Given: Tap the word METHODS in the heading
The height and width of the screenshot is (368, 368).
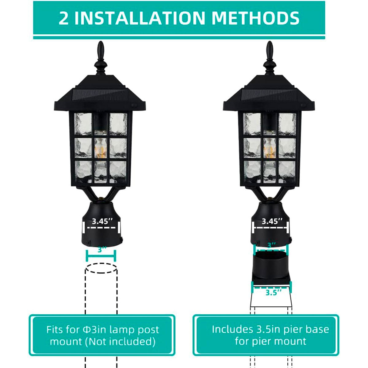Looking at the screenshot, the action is pyautogui.click(x=255, y=18).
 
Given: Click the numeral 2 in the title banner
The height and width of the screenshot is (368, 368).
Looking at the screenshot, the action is pyautogui.click(x=63, y=18).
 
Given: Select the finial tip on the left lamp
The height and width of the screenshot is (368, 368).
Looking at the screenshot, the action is pyautogui.click(x=101, y=41).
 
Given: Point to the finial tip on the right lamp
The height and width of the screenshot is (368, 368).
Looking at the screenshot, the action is pyautogui.click(x=270, y=41).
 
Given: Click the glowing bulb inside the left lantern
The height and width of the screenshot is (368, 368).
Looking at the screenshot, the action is pyautogui.click(x=101, y=148).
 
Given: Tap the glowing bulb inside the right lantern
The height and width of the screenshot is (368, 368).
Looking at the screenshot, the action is pyautogui.click(x=270, y=148).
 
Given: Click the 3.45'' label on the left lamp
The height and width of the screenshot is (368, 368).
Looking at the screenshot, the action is pyautogui.click(x=102, y=221).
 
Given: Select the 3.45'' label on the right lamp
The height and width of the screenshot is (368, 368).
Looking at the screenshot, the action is pyautogui.click(x=272, y=221).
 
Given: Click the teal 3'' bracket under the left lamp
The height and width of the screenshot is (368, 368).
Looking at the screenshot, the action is pyautogui.click(x=101, y=255).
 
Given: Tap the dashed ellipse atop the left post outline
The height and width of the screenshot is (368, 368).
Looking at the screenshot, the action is pyautogui.click(x=101, y=268).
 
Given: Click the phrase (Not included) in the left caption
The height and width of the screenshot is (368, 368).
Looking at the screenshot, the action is pyautogui.click(x=120, y=341).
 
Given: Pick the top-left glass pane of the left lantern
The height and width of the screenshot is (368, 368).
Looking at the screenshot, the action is pyautogui.click(x=83, y=124).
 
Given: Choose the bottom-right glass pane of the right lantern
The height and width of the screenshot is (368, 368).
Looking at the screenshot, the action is pyautogui.click(x=287, y=172).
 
